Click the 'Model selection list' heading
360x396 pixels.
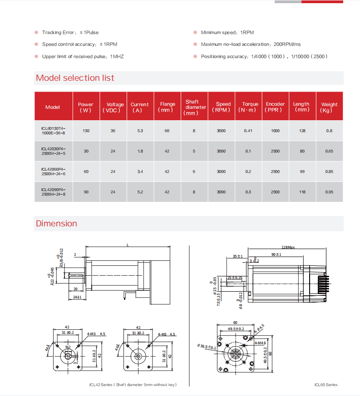(x=75, y=78)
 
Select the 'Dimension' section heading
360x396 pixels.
(x=56, y=224)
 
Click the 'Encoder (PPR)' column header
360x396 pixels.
(x=275, y=107)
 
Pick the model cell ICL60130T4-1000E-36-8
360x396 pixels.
(x=53, y=131)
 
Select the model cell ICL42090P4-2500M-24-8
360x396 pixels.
(x=53, y=192)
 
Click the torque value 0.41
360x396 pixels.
(x=248, y=131)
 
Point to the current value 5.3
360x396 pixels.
(x=140, y=131)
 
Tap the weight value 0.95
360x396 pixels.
(x=329, y=192)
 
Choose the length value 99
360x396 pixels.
(x=302, y=171)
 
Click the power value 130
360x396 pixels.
(x=86, y=131)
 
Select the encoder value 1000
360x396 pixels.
(x=275, y=131)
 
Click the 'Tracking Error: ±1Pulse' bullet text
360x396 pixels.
(x=70, y=33)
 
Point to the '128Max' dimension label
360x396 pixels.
(x=288, y=247)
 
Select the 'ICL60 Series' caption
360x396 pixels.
(x=325, y=385)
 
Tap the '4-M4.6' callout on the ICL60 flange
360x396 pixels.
(x=260, y=343)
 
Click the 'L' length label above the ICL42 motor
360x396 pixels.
(x=128, y=245)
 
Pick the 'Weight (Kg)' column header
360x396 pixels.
(x=329, y=107)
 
